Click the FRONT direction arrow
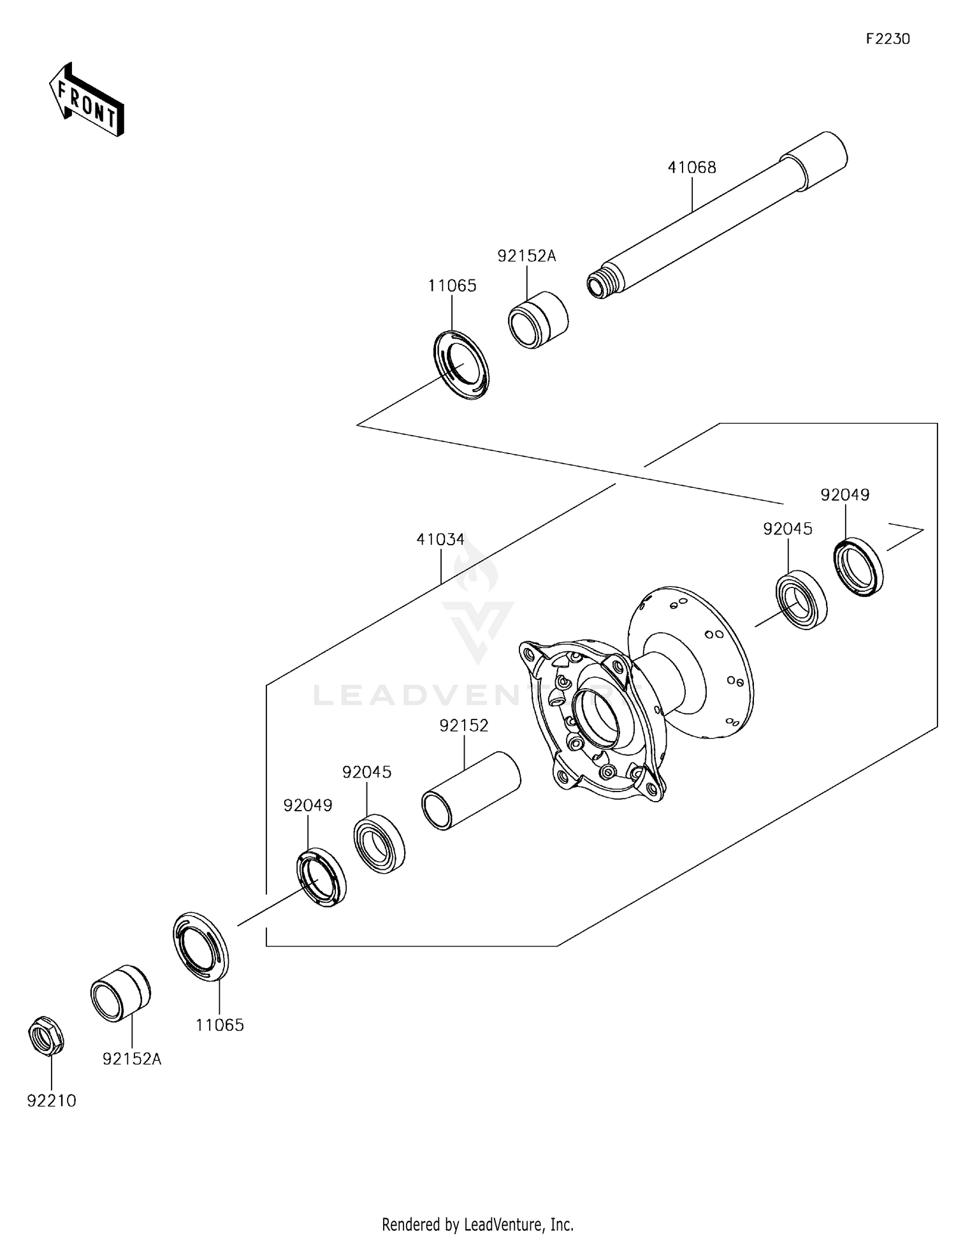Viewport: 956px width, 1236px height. pos(87,100)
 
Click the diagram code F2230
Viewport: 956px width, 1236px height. pos(887,39)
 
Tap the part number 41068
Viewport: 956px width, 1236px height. pos(692,168)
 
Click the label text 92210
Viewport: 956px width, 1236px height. pos(51,1100)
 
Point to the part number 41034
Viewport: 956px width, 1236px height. pos(440,540)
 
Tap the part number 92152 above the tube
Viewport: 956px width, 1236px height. pos(463,726)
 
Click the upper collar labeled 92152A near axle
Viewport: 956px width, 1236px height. pos(539,320)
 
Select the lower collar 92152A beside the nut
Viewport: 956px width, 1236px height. pos(120,993)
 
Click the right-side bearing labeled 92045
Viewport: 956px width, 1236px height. pos(801,600)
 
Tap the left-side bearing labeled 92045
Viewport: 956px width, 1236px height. pos(380,843)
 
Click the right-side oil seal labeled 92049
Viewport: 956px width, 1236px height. pos(858,567)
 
